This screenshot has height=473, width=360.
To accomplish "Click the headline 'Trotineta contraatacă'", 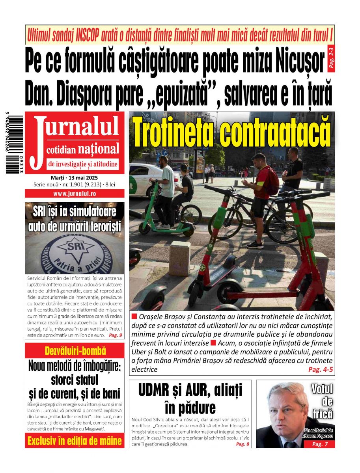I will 232,130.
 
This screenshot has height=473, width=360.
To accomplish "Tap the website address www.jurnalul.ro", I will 75,194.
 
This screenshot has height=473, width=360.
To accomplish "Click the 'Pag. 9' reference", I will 115,335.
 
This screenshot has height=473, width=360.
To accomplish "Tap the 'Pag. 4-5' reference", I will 321,369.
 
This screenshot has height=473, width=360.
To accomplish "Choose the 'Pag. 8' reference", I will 242,444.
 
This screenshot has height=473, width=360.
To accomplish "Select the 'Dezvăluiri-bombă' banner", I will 75,351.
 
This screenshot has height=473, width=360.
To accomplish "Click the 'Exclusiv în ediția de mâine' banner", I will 75,441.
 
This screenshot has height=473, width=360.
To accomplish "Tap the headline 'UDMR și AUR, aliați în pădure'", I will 190,398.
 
